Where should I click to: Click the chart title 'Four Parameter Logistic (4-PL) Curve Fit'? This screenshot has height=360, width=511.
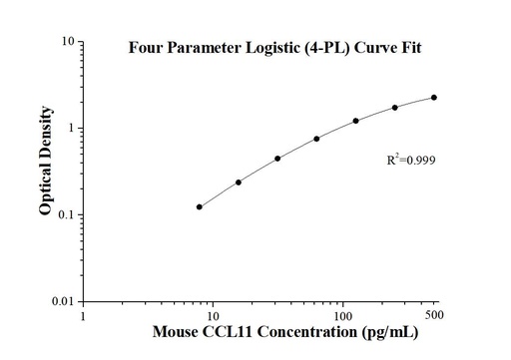coord(267,50)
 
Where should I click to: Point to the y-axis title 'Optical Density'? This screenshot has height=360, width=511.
coord(46,171)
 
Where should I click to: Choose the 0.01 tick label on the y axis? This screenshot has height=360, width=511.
coord(61,301)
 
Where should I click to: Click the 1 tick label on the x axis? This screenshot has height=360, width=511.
coord(84,316)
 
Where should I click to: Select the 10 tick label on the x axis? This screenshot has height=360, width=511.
coord(214,316)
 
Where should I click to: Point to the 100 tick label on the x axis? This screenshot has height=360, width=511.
coord(343,316)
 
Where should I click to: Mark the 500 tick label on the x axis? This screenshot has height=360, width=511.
coord(435,316)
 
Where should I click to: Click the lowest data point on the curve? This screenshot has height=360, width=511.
coord(200,206)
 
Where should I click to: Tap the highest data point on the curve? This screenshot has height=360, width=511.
coord(434,98)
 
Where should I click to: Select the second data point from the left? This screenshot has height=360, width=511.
coord(239,182)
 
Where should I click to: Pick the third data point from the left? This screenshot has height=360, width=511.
coord(277,159)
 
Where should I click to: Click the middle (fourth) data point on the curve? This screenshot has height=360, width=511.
coord(316,139)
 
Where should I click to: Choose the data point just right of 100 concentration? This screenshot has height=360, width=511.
coord(355,121)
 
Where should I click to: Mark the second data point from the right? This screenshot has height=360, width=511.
coord(394,108)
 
